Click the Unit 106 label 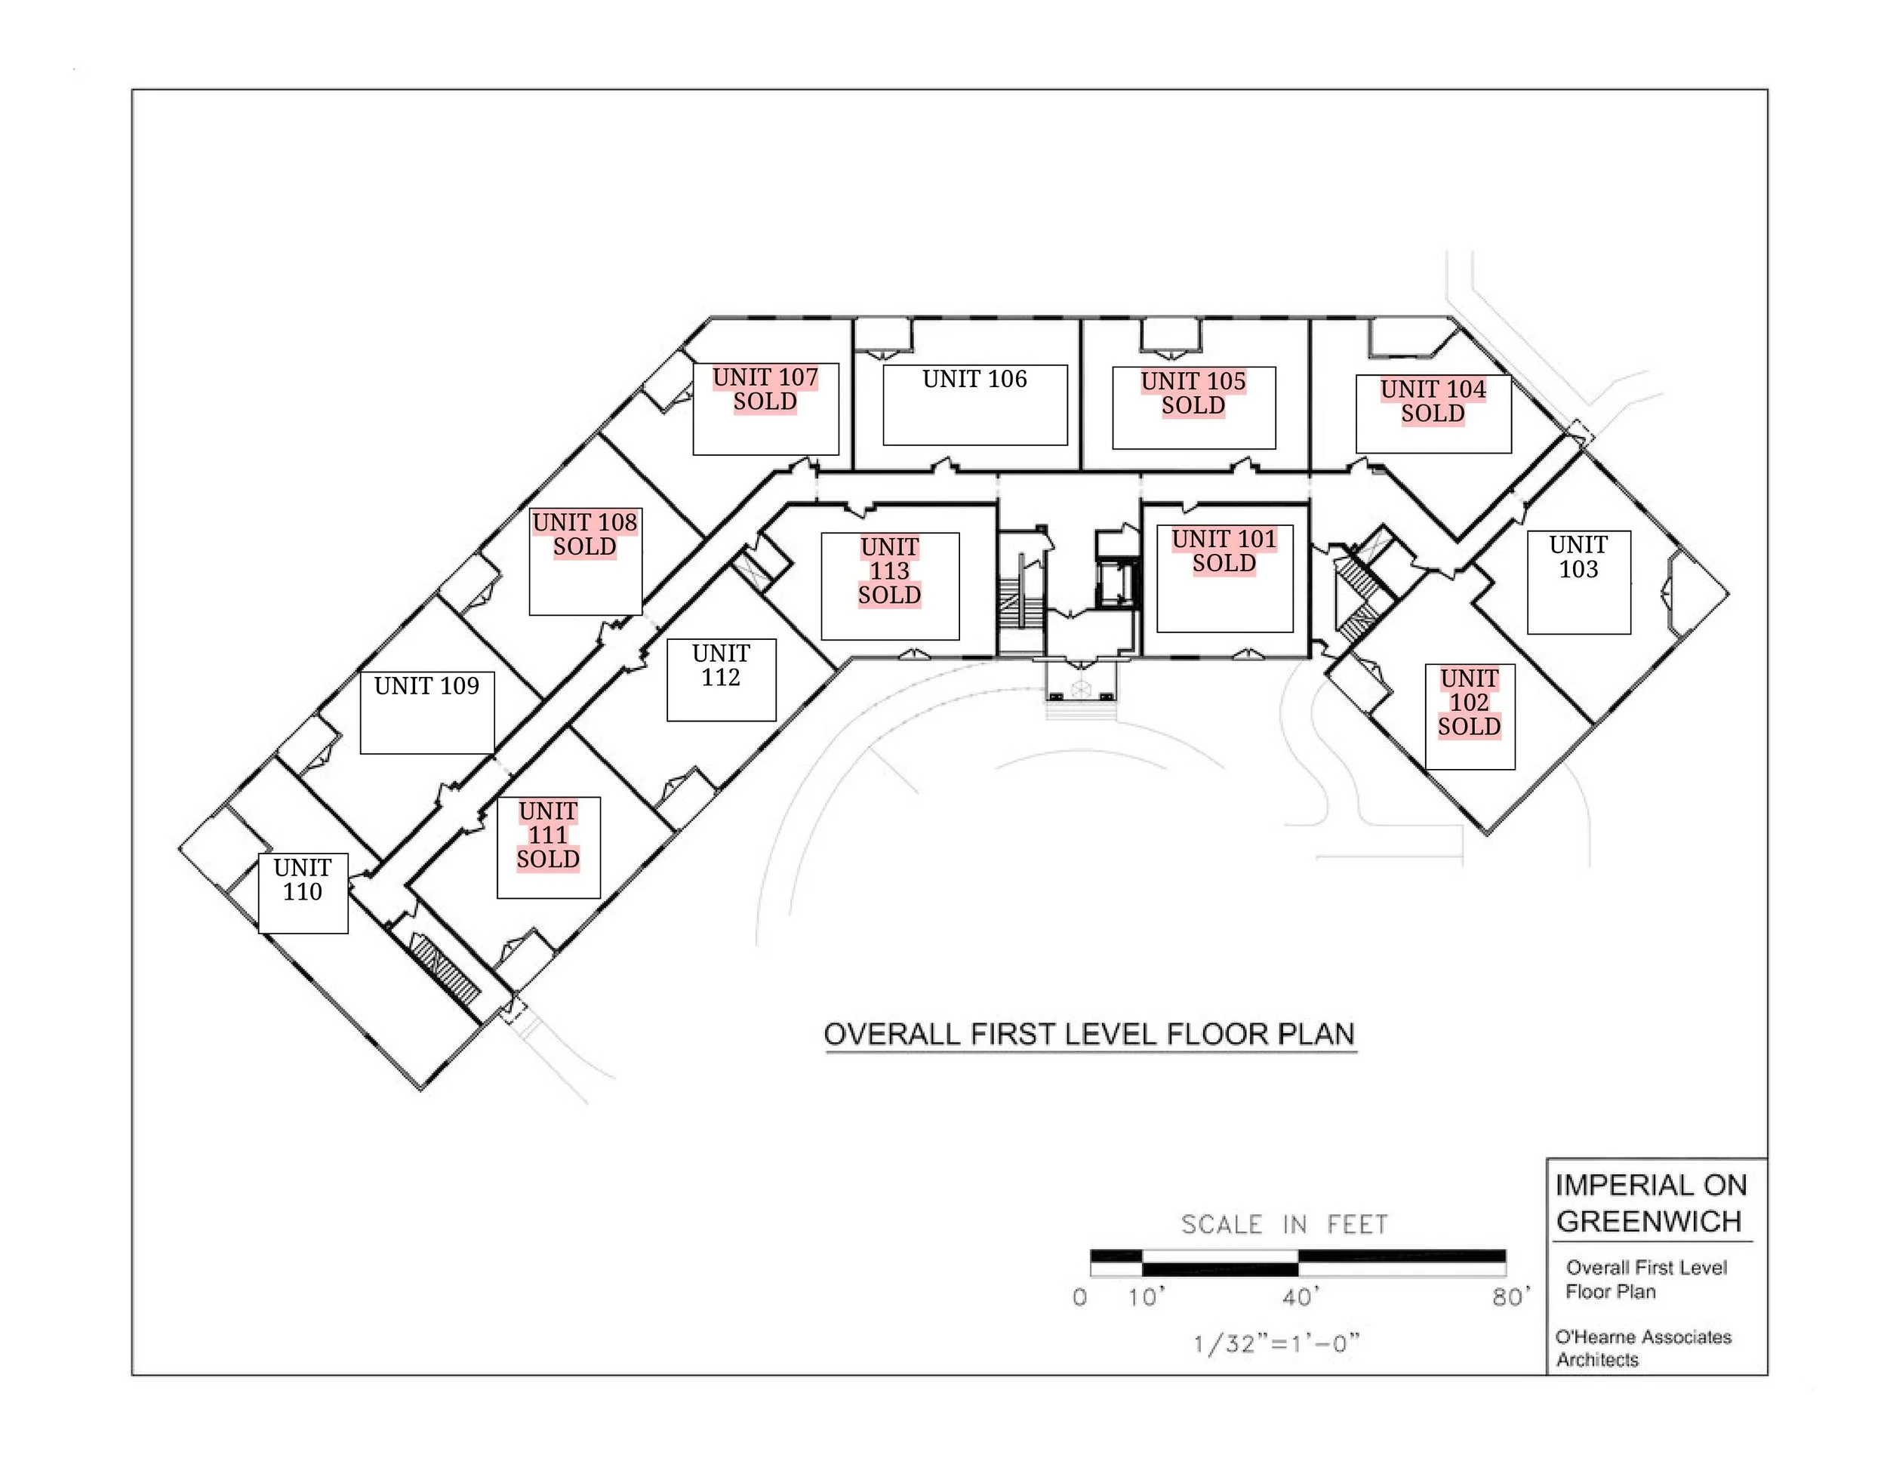point(974,379)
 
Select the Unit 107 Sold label point(765,389)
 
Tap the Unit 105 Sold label point(1193,394)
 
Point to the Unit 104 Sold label point(1433,401)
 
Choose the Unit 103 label point(1578,557)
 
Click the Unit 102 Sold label point(1470,703)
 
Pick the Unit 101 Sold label point(1224,551)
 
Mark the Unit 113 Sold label point(890,571)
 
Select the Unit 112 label point(722,665)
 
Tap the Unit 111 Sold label point(549,835)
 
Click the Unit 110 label point(303,879)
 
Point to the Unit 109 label point(426,687)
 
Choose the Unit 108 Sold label point(585,534)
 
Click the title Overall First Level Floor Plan point(1089,1034)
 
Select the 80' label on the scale point(1510,1297)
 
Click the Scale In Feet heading point(1285,1225)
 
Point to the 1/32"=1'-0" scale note point(1276,1344)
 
